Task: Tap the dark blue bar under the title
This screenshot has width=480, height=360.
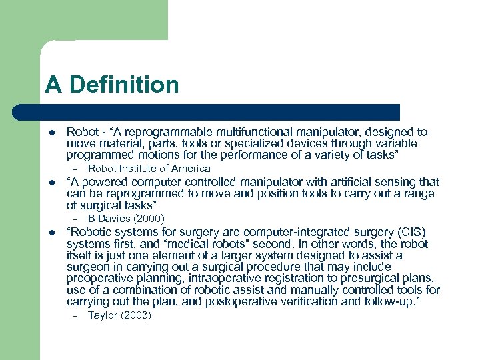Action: pos(220,112)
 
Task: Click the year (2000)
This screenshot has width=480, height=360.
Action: pos(148,218)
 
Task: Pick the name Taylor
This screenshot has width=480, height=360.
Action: pos(103,315)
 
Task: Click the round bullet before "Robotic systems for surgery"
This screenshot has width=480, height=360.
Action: pos(51,233)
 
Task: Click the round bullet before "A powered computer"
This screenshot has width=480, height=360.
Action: pos(51,183)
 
